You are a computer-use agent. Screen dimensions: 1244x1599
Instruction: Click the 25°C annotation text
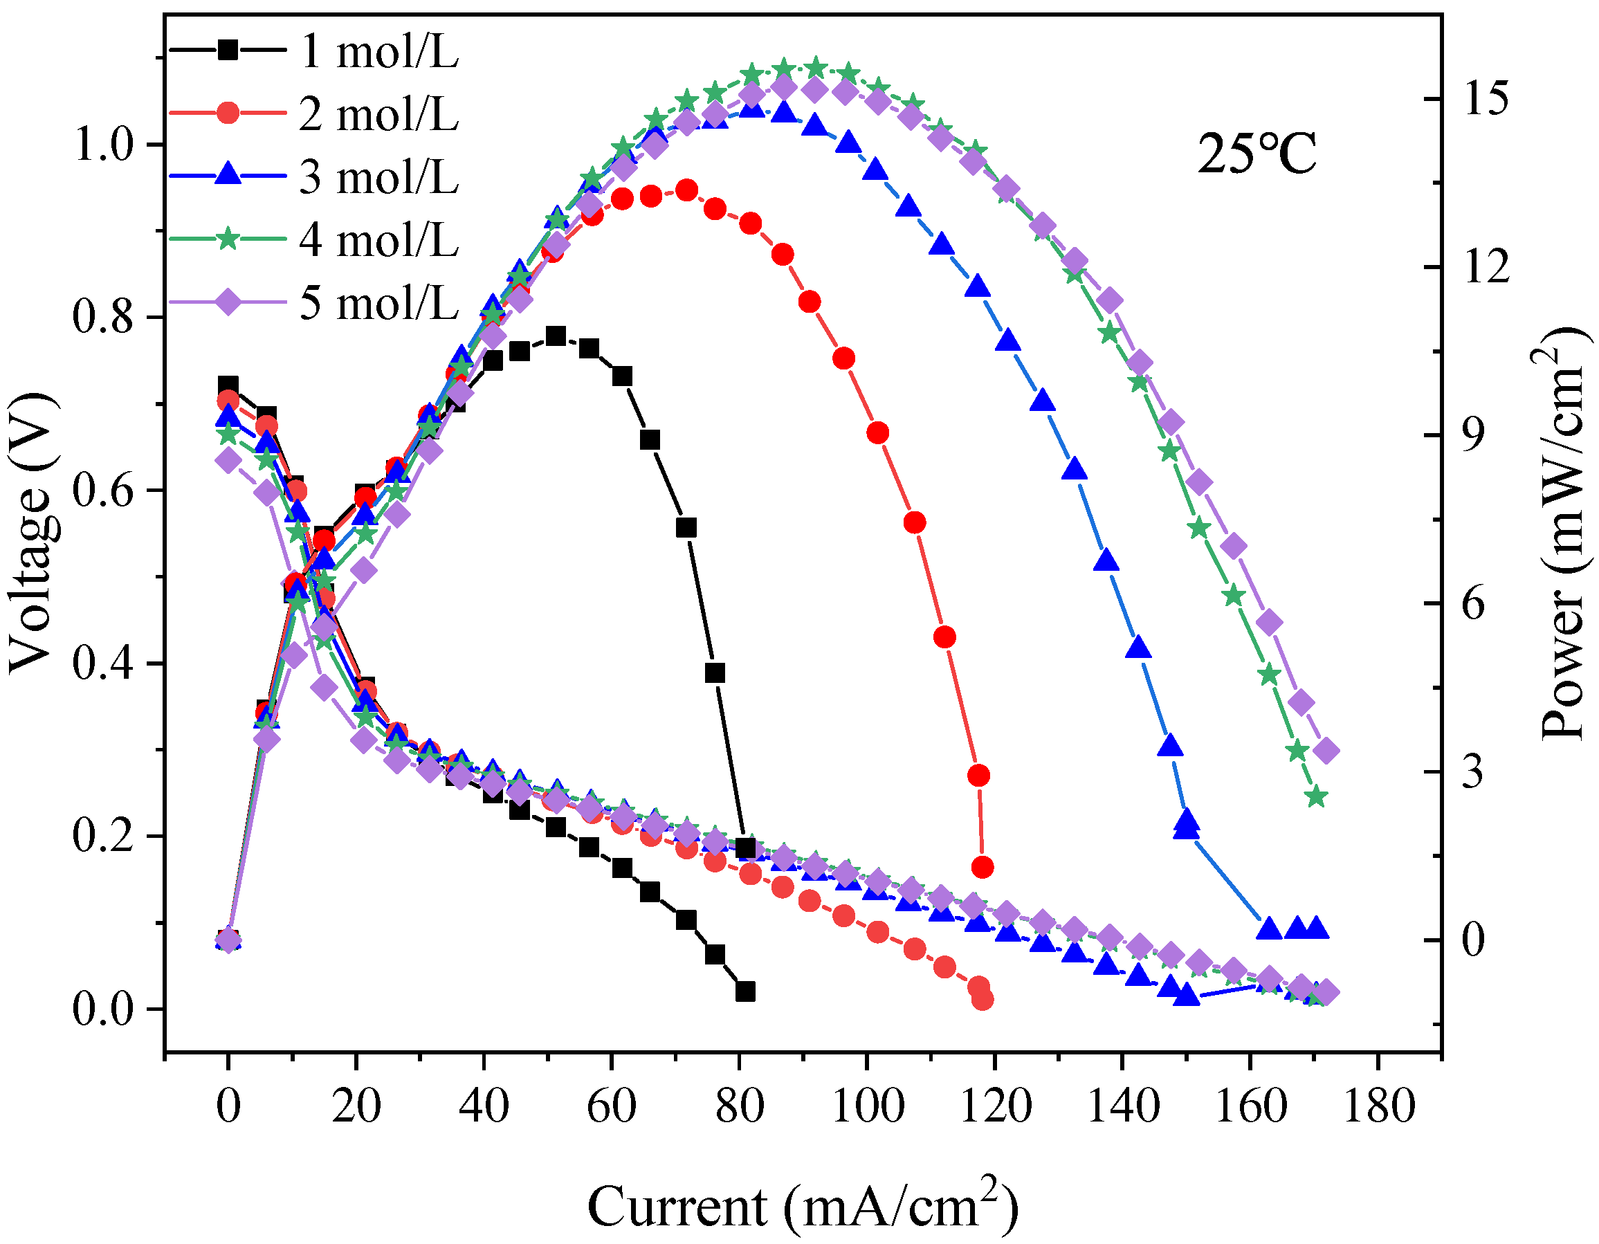pyautogui.click(x=1257, y=154)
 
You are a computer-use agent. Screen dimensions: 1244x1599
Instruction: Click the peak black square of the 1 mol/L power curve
pyautogui.click(x=556, y=336)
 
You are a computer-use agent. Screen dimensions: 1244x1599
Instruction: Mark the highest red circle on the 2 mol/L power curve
pyautogui.click(x=686, y=190)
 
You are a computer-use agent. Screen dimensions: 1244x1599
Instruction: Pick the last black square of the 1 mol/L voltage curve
pyautogui.click(x=745, y=992)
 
